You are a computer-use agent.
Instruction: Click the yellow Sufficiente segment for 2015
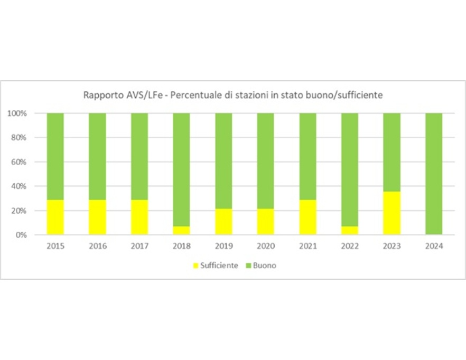click(x=55, y=217)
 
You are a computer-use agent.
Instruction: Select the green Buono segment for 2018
click(x=181, y=169)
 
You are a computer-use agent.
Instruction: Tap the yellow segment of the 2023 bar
click(x=392, y=213)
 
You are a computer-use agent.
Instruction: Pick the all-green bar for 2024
click(x=434, y=174)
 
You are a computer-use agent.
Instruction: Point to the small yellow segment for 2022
click(x=350, y=230)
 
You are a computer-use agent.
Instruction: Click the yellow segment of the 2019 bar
click(x=223, y=221)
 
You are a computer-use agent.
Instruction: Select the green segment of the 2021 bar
click(x=307, y=156)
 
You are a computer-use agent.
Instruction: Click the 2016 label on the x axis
click(x=97, y=246)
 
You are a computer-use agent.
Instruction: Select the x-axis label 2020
click(x=266, y=246)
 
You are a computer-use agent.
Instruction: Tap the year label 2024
click(x=434, y=246)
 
